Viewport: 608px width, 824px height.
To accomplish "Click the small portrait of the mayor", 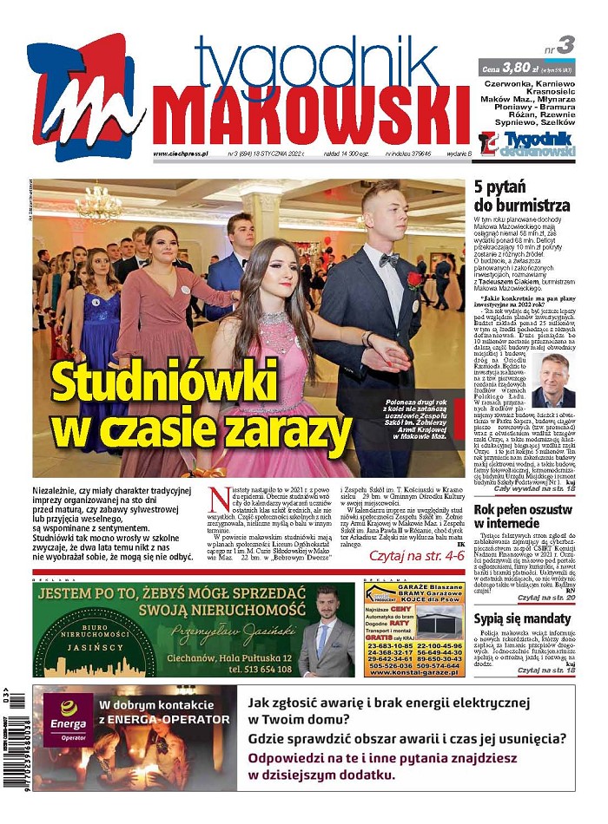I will tap(552, 381).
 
